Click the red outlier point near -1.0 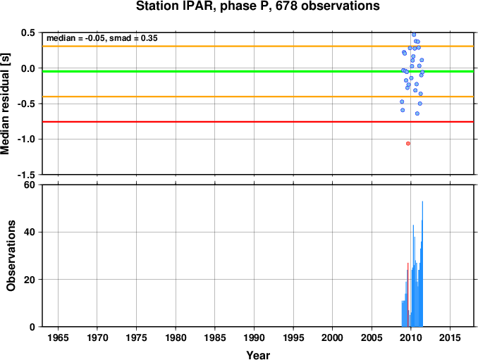pyautogui.click(x=408, y=144)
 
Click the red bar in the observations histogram pyautogui.click(x=408, y=294)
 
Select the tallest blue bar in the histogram pyautogui.click(x=422, y=263)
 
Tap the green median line pyautogui.click(x=258, y=71)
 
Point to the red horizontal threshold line pyautogui.click(x=258, y=122)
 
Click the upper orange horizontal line pyautogui.click(x=258, y=46)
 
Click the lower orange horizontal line pyautogui.click(x=258, y=97)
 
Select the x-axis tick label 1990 pyautogui.click(x=254, y=337)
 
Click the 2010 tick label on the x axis pyautogui.click(x=411, y=337)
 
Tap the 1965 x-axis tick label pyautogui.click(x=58, y=337)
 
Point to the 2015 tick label pyautogui.click(x=450, y=337)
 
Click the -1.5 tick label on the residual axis pyautogui.click(x=26, y=175)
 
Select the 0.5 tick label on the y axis pyautogui.click(x=27, y=32)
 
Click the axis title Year pyautogui.click(x=258, y=355)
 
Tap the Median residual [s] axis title pyautogui.click(x=5, y=104)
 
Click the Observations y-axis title pyautogui.click(x=11, y=256)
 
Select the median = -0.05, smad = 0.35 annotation pyautogui.click(x=102, y=38)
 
